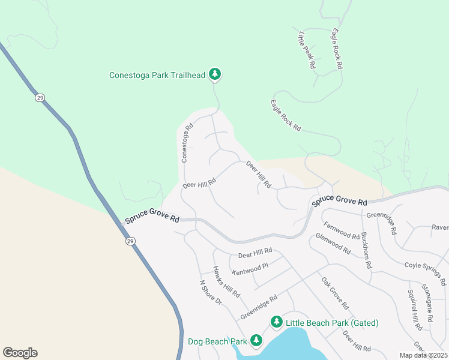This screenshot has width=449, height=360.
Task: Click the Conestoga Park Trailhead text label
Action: (157, 75)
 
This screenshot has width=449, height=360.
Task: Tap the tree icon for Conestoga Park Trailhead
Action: (215, 74)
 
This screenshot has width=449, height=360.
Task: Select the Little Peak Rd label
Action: (306, 51)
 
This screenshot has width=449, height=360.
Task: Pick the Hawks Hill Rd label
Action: (227, 282)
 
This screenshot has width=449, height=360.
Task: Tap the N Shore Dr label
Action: (211, 292)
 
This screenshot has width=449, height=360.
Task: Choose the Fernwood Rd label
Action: (341, 231)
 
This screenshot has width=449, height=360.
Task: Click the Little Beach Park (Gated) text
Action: (332, 323)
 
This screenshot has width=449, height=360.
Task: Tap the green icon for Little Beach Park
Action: (276, 322)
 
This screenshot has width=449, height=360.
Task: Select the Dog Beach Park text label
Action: (217, 341)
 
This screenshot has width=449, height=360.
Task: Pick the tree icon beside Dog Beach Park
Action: (256, 341)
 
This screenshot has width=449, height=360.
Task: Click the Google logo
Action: (20, 353)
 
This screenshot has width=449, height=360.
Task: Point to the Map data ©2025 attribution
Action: (423, 355)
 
